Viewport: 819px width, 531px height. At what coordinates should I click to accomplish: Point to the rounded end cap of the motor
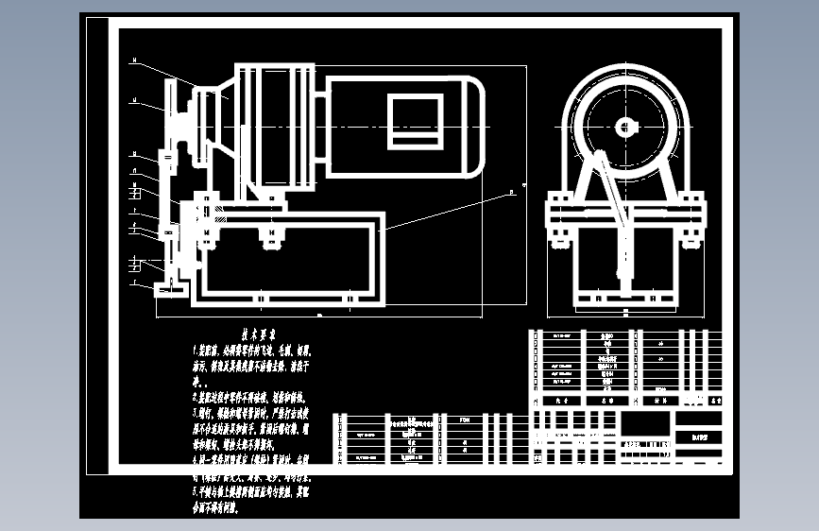point(472,126)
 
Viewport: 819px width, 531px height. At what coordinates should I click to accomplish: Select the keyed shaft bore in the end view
point(627,126)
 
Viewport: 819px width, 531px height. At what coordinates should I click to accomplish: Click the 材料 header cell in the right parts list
point(660,401)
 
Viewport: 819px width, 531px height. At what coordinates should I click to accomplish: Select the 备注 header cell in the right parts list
point(707,401)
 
